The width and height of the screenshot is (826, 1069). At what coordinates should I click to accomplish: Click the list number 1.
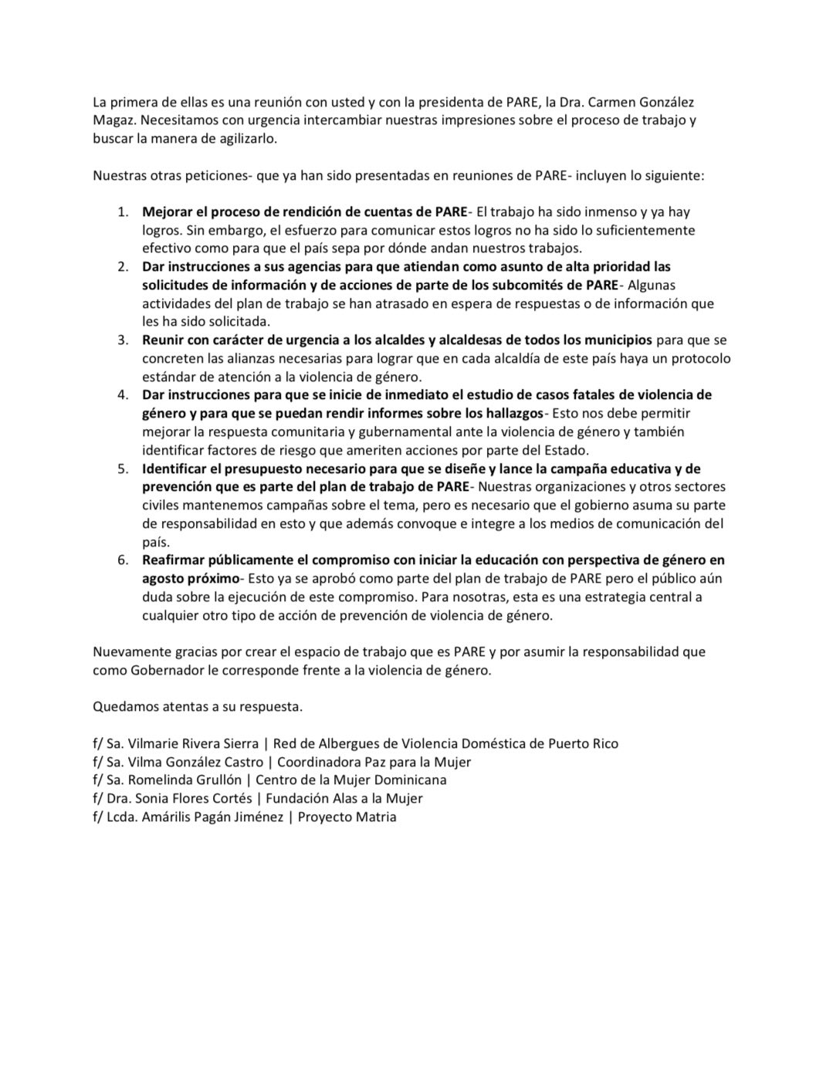coord(122,211)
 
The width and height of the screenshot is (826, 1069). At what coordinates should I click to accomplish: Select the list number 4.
coord(122,394)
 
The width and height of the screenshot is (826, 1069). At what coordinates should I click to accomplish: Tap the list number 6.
coord(122,560)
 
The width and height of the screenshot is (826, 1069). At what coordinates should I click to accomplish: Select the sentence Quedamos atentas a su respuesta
coord(198,706)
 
